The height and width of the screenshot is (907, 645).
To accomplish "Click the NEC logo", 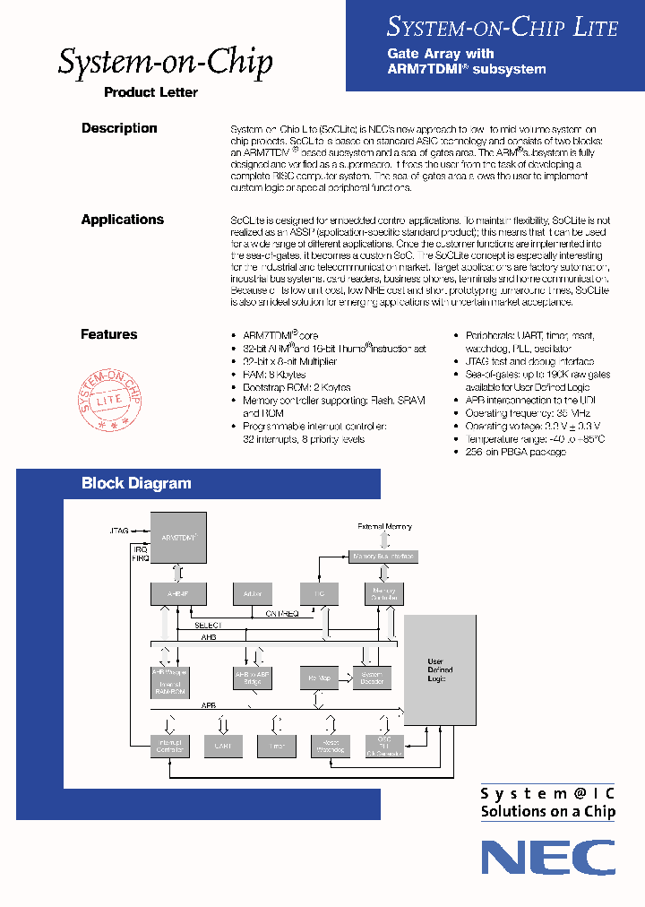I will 548,858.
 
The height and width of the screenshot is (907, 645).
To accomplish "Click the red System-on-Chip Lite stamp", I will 113,394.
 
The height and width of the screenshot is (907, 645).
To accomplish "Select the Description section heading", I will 119,128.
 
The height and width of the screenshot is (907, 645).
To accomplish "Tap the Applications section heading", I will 123,220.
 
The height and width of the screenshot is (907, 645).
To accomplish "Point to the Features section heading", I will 109,334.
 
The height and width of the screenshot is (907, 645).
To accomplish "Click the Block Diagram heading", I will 136,483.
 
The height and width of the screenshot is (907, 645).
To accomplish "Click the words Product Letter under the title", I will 150,92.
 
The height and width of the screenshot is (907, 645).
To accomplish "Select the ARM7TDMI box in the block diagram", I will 178,537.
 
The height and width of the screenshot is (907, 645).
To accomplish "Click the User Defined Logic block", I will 440,669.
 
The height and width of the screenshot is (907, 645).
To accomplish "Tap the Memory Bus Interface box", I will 384,557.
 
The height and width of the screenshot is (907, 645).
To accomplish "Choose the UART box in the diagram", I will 223,746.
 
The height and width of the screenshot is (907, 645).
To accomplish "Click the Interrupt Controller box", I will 170,746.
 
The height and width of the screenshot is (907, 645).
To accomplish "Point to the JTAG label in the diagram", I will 119,531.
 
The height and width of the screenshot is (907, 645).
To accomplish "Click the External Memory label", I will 384,526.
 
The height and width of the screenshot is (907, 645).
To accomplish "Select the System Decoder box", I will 372,678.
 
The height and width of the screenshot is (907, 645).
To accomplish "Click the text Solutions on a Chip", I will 548,812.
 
